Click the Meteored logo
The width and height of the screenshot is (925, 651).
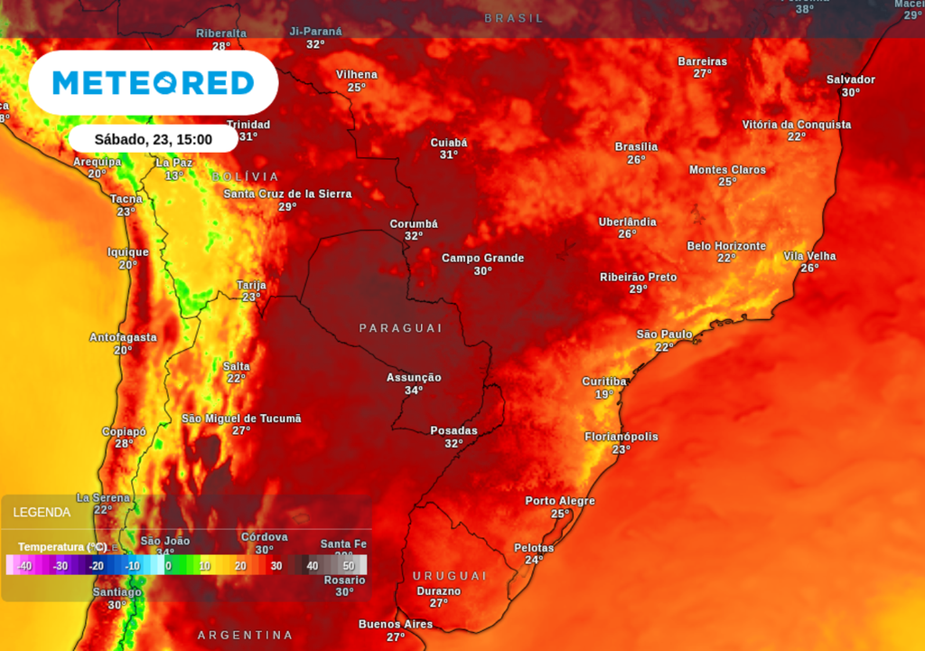(x=153, y=83)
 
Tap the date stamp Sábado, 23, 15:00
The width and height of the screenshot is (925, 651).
(x=153, y=139)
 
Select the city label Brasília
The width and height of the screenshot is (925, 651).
(x=636, y=146)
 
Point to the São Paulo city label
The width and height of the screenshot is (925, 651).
(x=664, y=335)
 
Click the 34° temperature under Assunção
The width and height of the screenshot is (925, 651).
(x=414, y=391)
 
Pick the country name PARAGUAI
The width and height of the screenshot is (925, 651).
(x=401, y=328)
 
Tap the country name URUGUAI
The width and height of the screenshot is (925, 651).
(x=450, y=576)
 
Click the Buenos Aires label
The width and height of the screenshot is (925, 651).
(x=396, y=624)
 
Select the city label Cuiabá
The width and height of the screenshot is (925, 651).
(x=449, y=143)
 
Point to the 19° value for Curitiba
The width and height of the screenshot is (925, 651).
(x=604, y=394)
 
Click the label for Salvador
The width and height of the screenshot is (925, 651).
(x=851, y=80)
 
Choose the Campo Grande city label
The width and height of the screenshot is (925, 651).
(x=482, y=259)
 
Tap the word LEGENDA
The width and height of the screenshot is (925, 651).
(x=42, y=513)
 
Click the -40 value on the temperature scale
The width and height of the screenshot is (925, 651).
(x=24, y=566)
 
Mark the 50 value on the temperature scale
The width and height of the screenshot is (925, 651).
(x=348, y=566)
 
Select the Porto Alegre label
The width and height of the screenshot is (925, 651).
(x=560, y=501)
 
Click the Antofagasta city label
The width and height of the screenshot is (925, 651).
(x=123, y=337)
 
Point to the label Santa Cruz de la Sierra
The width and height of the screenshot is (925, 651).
(x=287, y=194)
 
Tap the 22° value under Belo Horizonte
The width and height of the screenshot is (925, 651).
(x=726, y=259)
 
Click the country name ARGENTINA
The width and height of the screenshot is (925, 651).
(x=246, y=635)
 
